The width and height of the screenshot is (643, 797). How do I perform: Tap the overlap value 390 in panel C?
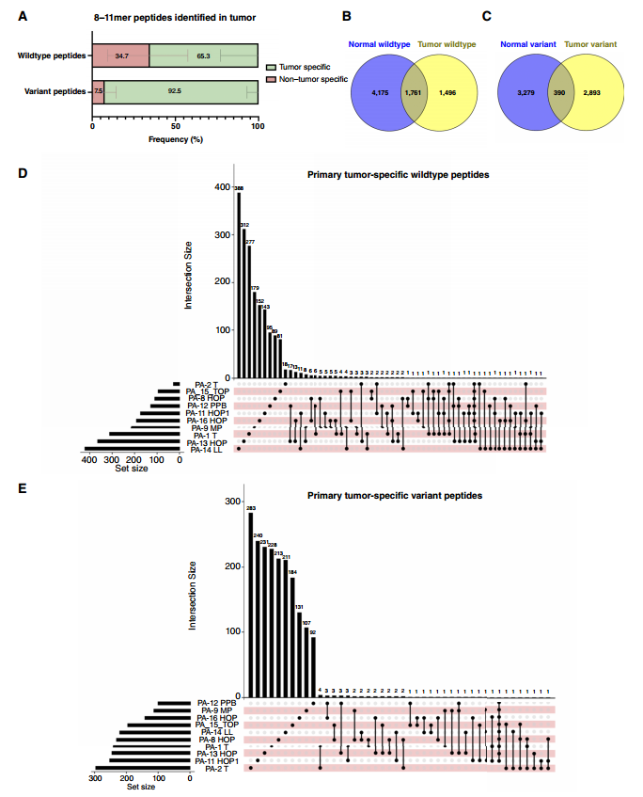click(x=562, y=91)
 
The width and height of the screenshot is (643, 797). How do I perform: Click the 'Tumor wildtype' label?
click(x=447, y=44)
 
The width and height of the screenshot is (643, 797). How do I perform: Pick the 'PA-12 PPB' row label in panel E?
click(x=216, y=703)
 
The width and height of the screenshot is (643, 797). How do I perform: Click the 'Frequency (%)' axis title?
click(x=175, y=140)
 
